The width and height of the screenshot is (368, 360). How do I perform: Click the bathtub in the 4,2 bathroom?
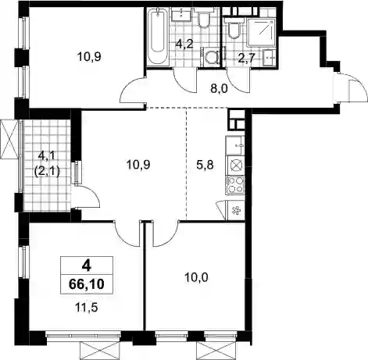pos(157,37)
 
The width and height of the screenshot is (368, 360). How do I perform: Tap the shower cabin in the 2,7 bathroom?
pos(261,33)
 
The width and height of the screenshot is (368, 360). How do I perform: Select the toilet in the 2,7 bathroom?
pos(234,28)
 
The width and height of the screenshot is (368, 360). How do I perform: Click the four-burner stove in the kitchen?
pos(235,184)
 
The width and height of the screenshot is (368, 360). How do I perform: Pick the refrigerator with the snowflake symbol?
pos(236,211)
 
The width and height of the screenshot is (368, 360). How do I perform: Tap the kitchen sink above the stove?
pos(235,145)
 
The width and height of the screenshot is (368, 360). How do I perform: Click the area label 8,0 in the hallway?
pos(219,89)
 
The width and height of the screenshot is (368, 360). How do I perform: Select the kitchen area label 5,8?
pos(205,165)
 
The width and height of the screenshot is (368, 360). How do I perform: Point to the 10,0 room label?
pos(197,278)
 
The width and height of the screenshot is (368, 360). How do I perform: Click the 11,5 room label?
pos(87,308)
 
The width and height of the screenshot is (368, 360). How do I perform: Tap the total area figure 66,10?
pos(87,284)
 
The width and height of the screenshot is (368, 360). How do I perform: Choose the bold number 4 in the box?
pos(86,266)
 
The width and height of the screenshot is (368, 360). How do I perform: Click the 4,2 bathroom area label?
pos(184,44)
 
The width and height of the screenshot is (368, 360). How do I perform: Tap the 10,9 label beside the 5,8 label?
pos(138,165)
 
